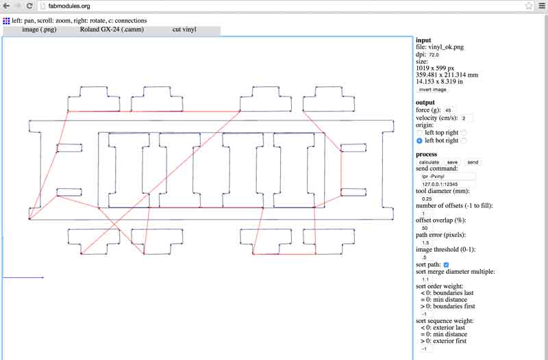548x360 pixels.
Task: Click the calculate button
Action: [429, 162]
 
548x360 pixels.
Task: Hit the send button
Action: [473, 162]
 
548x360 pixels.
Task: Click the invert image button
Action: [432, 90]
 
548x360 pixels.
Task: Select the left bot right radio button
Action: [419, 141]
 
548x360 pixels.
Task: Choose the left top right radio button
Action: [419, 133]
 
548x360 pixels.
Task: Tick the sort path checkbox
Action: [446, 265]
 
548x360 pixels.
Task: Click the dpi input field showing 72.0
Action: [434, 55]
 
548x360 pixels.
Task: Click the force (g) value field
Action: [449, 110]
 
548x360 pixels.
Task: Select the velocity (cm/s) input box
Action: [466, 118]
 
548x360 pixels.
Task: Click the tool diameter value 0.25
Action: [427, 198]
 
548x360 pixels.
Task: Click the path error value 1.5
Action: [425, 243]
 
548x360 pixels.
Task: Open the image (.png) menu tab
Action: [39, 29]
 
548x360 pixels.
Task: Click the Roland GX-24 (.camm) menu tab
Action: [112, 29]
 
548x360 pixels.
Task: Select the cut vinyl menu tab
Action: [184, 29]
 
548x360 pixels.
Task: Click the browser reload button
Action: [29, 6]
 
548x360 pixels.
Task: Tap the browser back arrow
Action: [6, 6]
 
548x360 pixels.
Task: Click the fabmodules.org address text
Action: [69, 6]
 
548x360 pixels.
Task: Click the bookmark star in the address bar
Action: [529, 6]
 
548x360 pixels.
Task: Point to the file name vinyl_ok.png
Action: [446, 47]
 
